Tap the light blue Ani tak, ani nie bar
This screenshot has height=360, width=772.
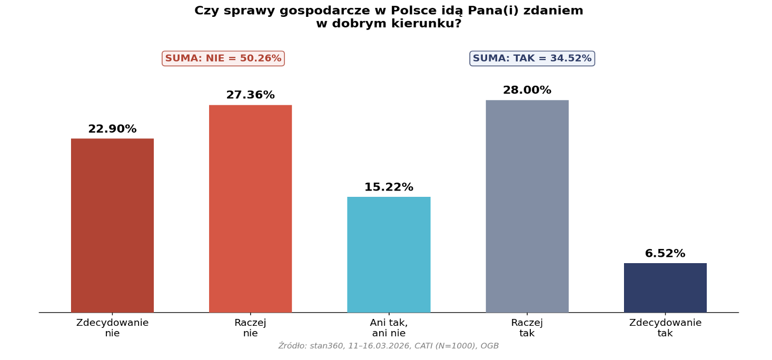click(389, 255)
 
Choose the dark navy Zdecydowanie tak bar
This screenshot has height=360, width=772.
click(665, 288)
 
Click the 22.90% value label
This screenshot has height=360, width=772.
click(112, 129)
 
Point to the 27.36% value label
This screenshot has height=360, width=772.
click(250, 95)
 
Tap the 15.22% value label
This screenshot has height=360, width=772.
click(389, 188)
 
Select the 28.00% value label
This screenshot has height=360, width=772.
click(527, 91)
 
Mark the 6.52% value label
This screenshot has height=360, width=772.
click(665, 254)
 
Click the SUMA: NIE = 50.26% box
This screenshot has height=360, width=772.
click(223, 58)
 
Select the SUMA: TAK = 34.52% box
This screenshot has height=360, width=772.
click(532, 58)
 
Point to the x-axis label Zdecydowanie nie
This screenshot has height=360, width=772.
click(112, 328)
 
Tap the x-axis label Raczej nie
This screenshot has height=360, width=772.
click(250, 328)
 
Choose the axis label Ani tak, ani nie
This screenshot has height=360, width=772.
click(389, 328)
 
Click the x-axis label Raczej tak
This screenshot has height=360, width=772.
click(527, 328)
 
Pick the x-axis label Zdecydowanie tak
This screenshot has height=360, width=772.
click(665, 328)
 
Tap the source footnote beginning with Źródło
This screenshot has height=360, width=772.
click(389, 346)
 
